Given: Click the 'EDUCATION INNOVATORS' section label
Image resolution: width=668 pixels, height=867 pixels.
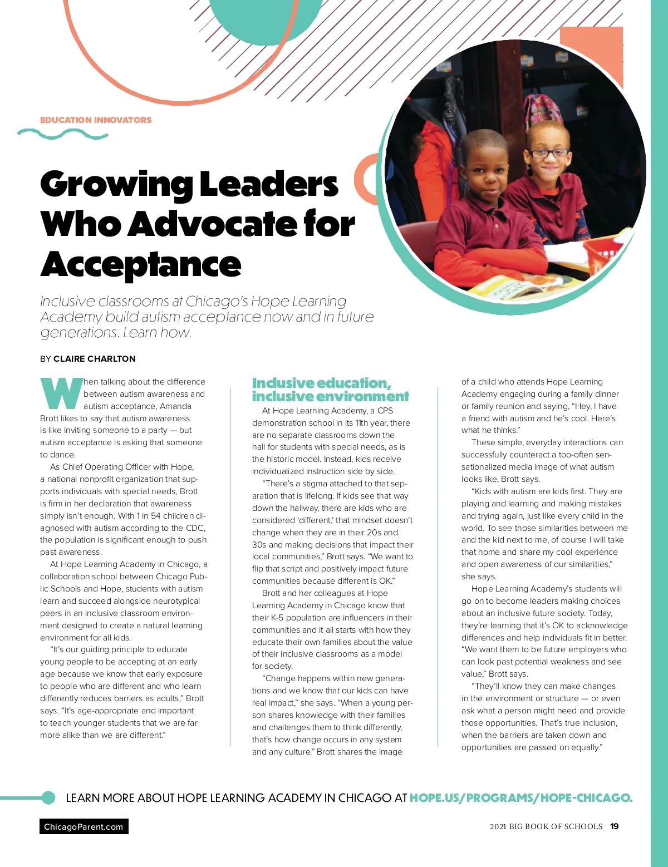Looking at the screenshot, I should tap(96, 120).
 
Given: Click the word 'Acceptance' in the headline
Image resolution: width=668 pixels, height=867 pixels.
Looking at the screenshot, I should tap(141, 264).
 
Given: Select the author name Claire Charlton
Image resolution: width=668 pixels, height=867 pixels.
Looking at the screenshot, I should tap(94, 359).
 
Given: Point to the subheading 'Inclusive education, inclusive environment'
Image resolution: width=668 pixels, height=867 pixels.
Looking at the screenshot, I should tap(330, 390).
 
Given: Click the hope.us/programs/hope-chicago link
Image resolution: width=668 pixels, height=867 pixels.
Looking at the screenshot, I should tap(520, 798).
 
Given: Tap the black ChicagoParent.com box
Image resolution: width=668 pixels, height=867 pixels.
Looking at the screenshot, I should tap(83, 827).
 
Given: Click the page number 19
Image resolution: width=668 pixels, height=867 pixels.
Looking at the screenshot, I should tap(614, 827).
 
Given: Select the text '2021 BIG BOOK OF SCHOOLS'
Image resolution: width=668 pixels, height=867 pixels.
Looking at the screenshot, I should tap(546, 827).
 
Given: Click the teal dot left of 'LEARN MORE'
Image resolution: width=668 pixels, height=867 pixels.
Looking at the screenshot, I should tap(48, 798).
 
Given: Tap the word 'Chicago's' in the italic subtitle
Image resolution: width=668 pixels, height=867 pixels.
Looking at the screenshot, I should tap(217, 302).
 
